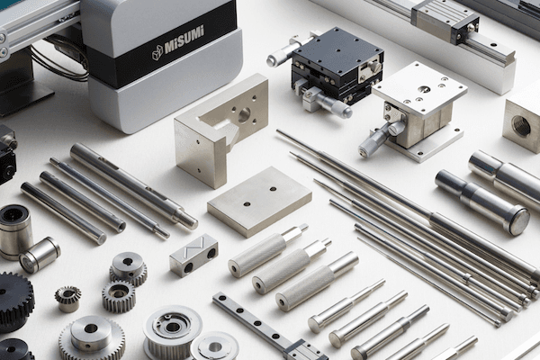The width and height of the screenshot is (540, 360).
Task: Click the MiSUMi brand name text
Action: click(x=184, y=40)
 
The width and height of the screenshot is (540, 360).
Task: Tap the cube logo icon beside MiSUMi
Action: click(x=157, y=52)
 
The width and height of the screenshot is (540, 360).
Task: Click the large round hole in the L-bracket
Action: click(x=244, y=112)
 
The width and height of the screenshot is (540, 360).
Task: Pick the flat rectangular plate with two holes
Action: click(x=260, y=202)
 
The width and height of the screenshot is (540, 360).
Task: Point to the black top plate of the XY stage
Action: click(x=337, y=50)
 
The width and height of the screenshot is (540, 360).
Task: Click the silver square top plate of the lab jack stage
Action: click(x=419, y=88)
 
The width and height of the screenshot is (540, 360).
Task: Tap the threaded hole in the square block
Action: click(x=520, y=125)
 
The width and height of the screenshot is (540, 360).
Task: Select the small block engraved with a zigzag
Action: click(x=193, y=255)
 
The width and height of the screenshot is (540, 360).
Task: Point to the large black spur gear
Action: click(x=15, y=301)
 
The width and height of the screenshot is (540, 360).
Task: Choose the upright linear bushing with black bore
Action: click(x=14, y=231)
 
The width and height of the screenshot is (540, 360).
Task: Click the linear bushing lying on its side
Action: click(x=40, y=255)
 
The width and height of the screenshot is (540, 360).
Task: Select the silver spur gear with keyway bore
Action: click(x=128, y=268)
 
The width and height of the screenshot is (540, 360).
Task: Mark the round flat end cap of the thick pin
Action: click(x=518, y=222)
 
